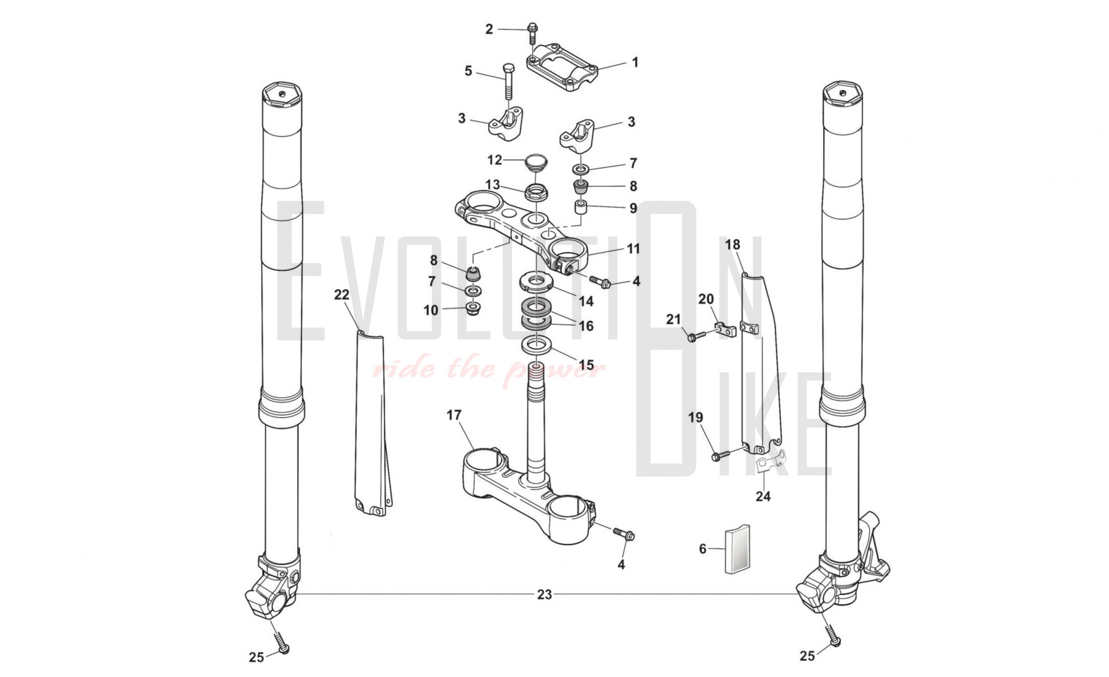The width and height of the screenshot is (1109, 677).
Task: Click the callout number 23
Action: [544, 594]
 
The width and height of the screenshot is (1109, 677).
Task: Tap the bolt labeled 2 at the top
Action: [532, 32]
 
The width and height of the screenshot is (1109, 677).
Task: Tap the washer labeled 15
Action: [537, 345]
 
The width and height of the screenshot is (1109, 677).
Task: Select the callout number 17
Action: [454, 415]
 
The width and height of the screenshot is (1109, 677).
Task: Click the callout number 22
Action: [342, 295]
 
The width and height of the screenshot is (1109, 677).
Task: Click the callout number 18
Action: [732, 245]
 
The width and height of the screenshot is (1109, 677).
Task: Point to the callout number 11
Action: [633, 249]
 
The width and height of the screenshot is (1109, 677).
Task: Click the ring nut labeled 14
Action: [535, 281]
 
